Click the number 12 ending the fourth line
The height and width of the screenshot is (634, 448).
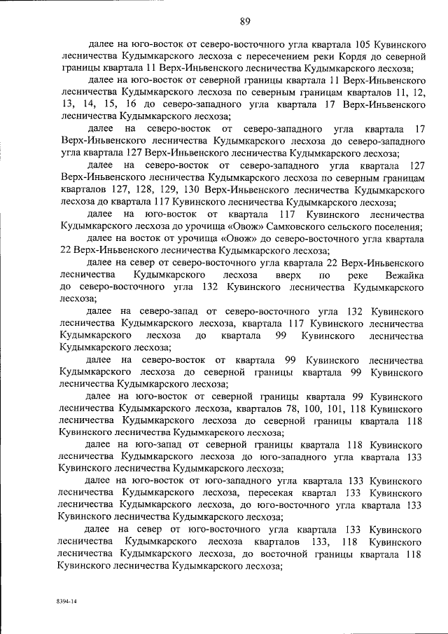pyautogui.click(x=417, y=92)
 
